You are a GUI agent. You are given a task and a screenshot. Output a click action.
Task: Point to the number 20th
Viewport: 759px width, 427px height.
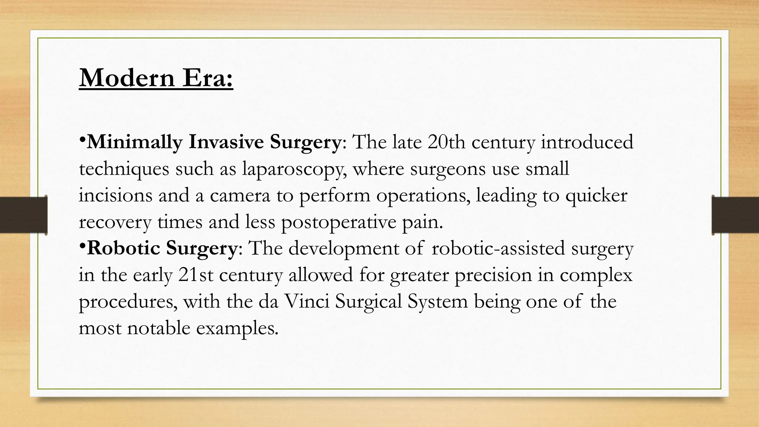[x=446, y=142]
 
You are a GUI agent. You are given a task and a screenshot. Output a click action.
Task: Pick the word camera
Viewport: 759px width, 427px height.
[x=240, y=196]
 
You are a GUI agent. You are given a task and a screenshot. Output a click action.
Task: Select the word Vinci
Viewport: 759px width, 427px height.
[x=306, y=302]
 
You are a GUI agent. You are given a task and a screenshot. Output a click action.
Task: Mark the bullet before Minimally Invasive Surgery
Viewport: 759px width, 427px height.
[x=82, y=140]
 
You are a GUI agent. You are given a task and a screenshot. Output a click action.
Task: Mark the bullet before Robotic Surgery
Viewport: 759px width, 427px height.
[x=82, y=246]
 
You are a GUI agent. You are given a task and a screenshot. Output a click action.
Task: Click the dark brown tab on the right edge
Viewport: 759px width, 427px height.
[x=735, y=215]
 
